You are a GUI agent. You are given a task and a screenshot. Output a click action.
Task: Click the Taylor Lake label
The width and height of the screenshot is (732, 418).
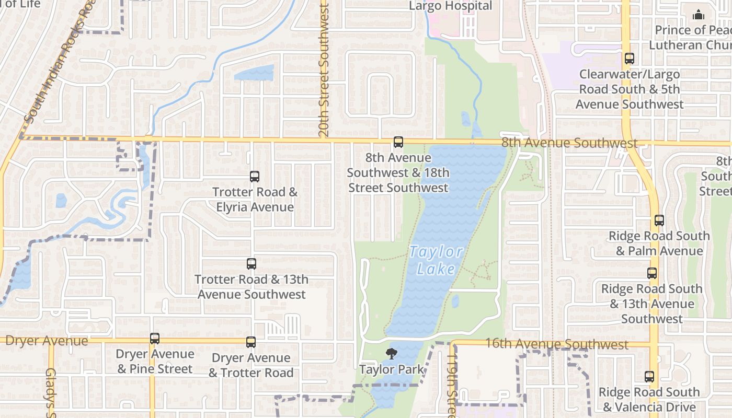(x=436, y=260)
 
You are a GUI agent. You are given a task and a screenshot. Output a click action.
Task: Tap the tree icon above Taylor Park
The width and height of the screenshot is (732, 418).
(x=391, y=354)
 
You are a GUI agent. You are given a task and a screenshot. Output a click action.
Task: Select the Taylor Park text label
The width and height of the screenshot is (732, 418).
(x=392, y=369)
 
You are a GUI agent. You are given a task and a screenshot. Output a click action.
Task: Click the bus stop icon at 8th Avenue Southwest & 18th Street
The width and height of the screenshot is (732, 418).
(x=398, y=142)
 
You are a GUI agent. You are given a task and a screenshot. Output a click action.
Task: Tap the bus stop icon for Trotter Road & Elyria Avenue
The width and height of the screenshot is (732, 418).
(x=255, y=177)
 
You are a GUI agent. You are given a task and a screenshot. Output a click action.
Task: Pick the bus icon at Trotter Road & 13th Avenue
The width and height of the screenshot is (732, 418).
(x=251, y=264)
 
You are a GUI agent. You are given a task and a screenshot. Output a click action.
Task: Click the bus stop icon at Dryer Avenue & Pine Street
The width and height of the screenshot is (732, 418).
(x=154, y=339)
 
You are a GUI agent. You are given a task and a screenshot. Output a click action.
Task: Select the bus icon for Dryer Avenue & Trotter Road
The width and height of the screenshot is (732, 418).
(x=251, y=342)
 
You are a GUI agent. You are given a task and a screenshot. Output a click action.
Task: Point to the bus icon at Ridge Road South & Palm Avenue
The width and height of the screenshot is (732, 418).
(x=659, y=220)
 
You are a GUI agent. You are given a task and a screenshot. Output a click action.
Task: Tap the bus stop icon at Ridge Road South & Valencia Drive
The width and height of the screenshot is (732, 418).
(x=649, y=377)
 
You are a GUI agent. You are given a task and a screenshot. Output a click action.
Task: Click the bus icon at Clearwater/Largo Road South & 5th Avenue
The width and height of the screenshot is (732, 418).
(x=630, y=59)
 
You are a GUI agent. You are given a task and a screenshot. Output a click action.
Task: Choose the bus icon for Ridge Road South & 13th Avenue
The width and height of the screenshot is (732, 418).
(x=651, y=273)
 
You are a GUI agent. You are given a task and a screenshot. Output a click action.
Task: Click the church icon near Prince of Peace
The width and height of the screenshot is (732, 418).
(x=699, y=15)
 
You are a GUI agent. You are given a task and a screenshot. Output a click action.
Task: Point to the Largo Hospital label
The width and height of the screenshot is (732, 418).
(x=450, y=6)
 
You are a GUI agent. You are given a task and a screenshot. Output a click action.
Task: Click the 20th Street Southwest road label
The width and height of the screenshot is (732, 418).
(x=324, y=71)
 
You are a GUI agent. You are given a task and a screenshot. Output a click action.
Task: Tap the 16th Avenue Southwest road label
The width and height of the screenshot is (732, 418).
(x=556, y=344)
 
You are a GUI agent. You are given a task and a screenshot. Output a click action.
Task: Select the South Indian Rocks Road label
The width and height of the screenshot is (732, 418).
(x=60, y=63)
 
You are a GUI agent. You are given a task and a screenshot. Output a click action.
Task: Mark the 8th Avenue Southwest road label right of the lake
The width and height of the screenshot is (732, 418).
(x=569, y=143)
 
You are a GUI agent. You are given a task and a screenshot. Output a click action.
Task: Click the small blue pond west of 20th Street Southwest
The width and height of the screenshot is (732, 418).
(x=254, y=73)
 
